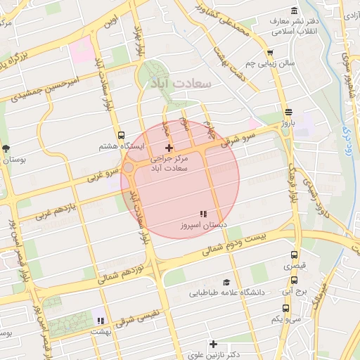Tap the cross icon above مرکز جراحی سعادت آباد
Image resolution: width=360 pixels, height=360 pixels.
coord(168,148)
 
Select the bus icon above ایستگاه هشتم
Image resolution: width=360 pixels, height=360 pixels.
coord(122,135)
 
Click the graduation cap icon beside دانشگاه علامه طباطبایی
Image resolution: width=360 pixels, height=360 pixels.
coord(226,281)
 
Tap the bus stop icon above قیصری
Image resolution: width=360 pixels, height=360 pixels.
coord(293,256)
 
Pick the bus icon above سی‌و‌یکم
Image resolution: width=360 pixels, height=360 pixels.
coord(285,308)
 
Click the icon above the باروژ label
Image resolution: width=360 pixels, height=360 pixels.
coord(288,112)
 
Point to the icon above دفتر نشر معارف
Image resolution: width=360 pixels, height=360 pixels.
coord(293,13)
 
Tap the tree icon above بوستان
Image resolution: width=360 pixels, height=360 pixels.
coord(6,148)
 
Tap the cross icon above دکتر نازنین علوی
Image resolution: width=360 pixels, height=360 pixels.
coord(214,344)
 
